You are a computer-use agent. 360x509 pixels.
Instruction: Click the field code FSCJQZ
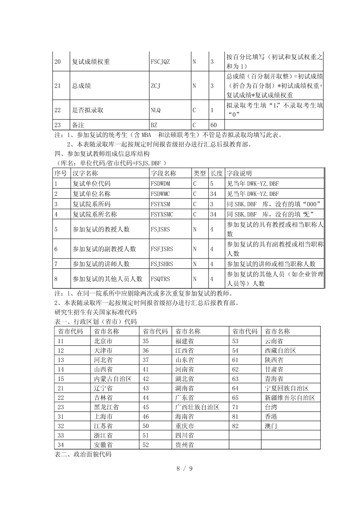coord(160,62)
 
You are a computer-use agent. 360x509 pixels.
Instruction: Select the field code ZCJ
coord(155,86)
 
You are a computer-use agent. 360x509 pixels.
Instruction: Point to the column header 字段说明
coord(239,173)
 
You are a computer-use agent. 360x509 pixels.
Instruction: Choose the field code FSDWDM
coord(160,183)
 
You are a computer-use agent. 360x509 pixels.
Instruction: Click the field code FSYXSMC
coord(162,214)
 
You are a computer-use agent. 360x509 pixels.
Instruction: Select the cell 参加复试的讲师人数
coord(101,264)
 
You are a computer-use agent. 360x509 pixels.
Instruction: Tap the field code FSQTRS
coord(160,279)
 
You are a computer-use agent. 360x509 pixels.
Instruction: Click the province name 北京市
coord(103,341)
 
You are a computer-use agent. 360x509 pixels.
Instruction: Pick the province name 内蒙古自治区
coord(113,379)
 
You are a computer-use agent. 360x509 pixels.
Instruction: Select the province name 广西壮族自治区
coord(197,407)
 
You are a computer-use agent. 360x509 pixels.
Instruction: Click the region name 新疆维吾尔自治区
coord(290,398)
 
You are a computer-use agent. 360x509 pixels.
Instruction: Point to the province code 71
coord(235,407)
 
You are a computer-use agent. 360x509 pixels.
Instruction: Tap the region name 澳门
coord(271,426)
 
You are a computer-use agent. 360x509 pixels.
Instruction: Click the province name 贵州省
coord(184,445)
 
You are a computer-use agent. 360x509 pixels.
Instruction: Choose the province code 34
coord(61,445)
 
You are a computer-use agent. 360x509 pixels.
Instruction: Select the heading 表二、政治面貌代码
coord(83,454)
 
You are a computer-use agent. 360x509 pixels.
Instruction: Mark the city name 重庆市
coord(184,426)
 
